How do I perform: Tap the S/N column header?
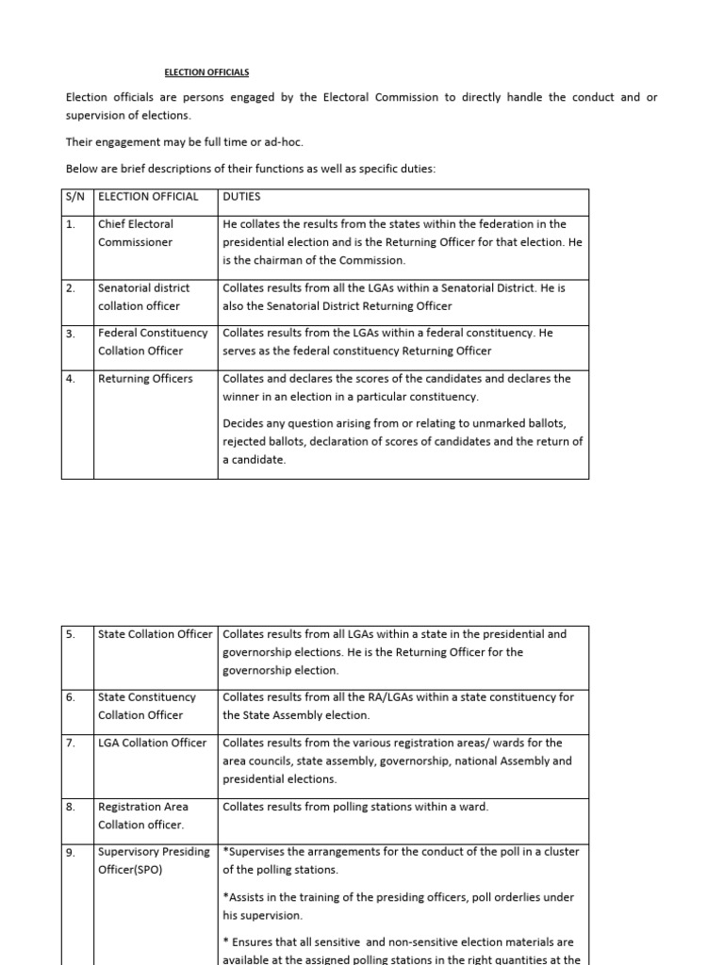(x=76, y=197)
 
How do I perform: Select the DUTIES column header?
(x=242, y=197)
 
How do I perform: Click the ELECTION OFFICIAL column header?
(x=148, y=197)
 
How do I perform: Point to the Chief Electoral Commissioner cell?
(x=136, y=233)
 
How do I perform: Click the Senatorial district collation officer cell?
(x=143, y=296)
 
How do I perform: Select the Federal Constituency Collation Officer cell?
(x=152, y=341)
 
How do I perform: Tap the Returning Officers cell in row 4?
(x=145, y=379)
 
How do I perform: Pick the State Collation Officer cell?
(x=156, y=634)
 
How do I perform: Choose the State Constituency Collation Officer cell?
(x=146, y=706)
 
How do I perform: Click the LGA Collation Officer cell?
(x=152, y=743)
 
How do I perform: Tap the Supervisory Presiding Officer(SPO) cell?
(x=154, y=860)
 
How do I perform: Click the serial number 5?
(x=71, y=634)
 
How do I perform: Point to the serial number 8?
(x=71, y=807)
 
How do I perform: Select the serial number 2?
(x=71, y=287)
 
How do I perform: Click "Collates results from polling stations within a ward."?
(x=355, y=807)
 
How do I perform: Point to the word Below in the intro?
(x=82, y=169)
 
